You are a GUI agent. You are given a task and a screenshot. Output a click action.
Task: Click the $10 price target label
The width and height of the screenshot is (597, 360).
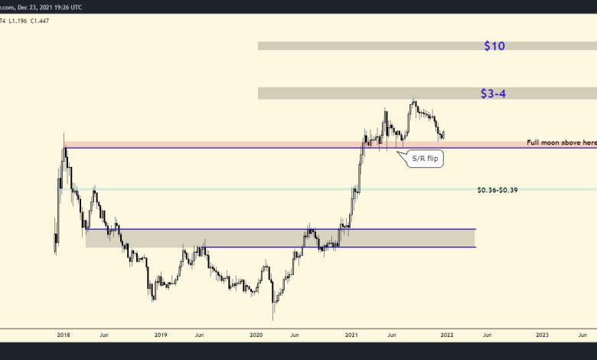[494, 46]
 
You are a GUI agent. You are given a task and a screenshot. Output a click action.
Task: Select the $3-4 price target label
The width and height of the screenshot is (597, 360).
[493, 93]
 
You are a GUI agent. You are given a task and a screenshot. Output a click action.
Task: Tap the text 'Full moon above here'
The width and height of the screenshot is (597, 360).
[561, 142]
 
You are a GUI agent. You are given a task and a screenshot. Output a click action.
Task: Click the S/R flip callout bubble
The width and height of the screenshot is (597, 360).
[425, 159]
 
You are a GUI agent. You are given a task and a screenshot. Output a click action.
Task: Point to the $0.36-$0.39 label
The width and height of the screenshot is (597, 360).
[497, 189]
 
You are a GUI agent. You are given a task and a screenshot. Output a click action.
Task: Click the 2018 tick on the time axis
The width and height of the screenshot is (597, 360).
[64, 335]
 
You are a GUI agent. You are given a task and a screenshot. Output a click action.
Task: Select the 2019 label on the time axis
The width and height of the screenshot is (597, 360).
[161, 335]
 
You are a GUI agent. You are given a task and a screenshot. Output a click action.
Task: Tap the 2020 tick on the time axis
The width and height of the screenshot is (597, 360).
[256, 335]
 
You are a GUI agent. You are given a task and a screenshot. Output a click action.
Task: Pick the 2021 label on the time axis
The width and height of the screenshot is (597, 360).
[352, 335]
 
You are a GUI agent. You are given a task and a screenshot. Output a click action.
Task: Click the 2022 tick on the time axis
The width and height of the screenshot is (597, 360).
[447, 335]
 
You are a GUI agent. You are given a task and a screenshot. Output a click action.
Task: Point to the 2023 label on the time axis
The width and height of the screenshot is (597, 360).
[542, 335]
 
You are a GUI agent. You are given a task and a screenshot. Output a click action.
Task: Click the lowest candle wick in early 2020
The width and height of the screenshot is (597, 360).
[273, 319]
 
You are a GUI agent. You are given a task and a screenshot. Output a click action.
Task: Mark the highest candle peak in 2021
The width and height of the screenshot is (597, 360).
[414, 100]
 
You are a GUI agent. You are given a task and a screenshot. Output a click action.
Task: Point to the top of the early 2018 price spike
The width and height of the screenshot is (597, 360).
[65, 136]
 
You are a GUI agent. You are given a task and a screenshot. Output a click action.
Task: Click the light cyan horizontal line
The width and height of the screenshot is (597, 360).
[306, 189]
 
